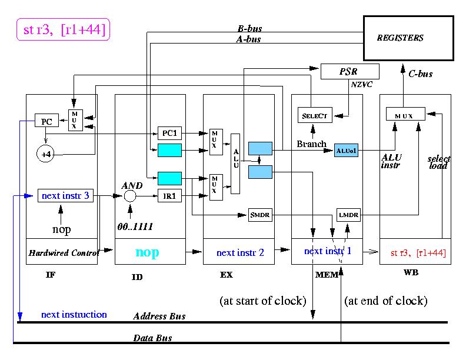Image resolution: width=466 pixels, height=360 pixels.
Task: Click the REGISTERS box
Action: click(409, 38)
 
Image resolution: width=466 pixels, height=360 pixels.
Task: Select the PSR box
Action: click(350, 71)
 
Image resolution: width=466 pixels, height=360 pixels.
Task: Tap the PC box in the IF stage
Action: click(46, 121)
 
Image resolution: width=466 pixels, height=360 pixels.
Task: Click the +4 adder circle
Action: click(45, 154)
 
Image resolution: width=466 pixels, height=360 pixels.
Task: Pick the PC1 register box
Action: click(169, 133)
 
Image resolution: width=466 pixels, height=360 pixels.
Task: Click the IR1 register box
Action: click(169, 196)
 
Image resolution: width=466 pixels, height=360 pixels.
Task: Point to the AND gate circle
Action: click(130, 196)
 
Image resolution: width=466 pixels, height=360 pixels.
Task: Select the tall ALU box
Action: click(235, 164)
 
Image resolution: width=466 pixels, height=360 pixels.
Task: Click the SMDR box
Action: click(260, 215)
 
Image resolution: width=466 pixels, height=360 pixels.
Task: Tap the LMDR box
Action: click(348, 215)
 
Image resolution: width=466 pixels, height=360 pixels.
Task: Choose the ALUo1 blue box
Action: click(346, 151)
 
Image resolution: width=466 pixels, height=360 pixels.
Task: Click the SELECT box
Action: click(315, 115)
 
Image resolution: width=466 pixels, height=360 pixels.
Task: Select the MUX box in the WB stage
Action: click(405, 114)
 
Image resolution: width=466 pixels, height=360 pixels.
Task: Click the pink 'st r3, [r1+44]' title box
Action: click(64, 29)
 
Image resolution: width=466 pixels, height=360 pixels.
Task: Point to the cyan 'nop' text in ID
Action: click(147, 252)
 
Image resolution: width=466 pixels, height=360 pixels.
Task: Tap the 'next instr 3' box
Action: click(65, 196)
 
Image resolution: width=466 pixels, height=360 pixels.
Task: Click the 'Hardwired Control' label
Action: click(64, 253)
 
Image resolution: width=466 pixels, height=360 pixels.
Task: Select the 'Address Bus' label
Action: click(159, 316)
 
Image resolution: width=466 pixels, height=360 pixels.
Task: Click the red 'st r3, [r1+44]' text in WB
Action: click(418, 253)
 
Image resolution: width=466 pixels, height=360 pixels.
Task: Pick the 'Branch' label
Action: click(311, 144)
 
